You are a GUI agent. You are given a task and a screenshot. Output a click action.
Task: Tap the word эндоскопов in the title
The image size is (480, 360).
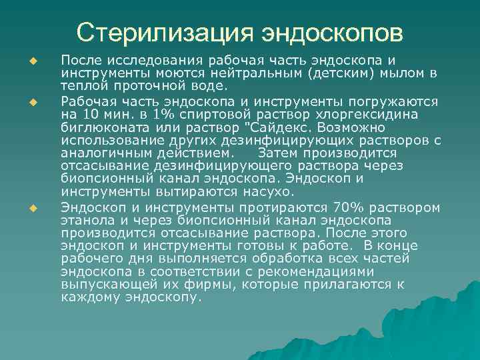331,32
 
